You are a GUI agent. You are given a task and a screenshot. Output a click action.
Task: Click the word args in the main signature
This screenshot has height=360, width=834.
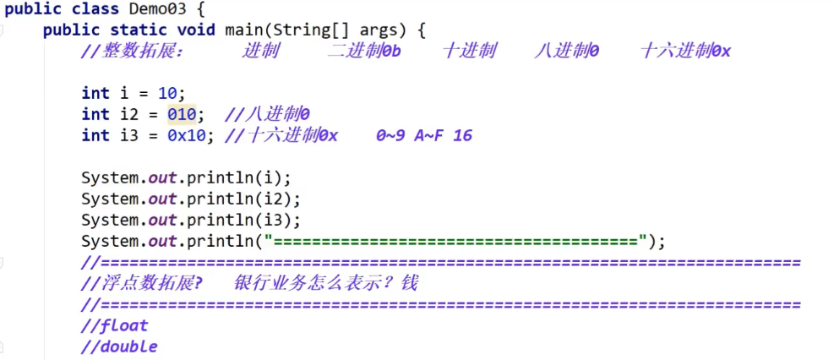tap(381, 30)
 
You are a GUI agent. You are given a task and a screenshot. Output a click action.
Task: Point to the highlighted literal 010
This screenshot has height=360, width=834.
tap(182, 114)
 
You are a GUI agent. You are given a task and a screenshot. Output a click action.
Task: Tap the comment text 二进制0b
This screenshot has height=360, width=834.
tap(363, 52)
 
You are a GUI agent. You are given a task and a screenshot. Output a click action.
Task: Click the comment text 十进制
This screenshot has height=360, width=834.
tap(469, 52)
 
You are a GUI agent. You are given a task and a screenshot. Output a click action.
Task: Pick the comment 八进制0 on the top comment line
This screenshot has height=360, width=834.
tap(567, 52)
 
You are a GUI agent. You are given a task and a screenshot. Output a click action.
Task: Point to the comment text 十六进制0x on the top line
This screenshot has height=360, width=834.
tap(685, 52)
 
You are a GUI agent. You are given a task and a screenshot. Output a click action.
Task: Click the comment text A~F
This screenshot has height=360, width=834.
tap(428, 135)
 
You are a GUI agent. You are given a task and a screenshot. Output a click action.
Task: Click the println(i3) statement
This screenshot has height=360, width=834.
tap(190, 221)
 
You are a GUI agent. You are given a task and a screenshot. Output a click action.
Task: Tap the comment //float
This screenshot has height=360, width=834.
tap(114, 325)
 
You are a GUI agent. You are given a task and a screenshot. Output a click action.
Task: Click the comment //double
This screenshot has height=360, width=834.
tap(119, 346)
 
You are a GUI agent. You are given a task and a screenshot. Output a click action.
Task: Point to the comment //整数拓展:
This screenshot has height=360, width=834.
tap(132, 52)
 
